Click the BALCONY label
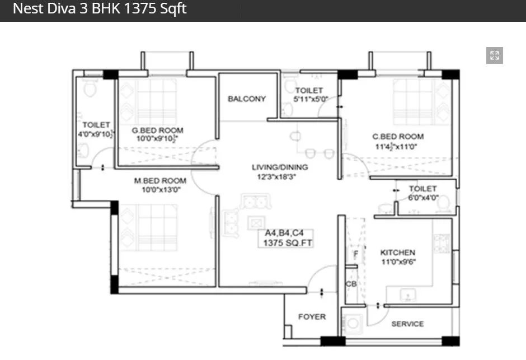click(x=247, y=99)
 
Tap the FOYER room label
click(x=312, y=317)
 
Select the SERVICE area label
click(x=407, y=324)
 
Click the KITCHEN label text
click(x=398, y=253)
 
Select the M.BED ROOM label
click(x=160, y=181)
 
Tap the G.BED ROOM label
click(x=157, y=130)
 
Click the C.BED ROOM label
click(x=398, y=136)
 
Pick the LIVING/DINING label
click(x=280, y=167)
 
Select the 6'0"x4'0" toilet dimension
click(x=423, y=198)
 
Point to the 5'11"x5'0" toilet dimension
click(x=310, y=100)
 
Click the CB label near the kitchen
click(x=351, y=284)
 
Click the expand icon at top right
click(x=494, y=55)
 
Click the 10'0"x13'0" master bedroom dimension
click(x=160, y=190)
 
